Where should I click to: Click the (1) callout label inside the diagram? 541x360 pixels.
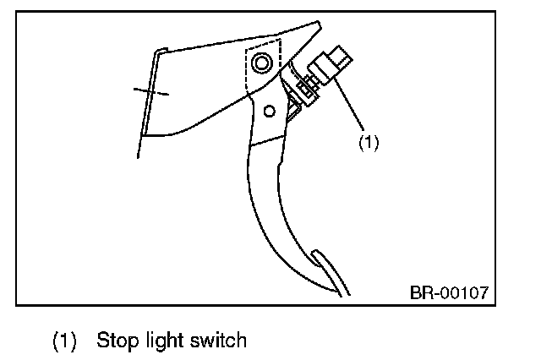pyautogui.click(x=369, y=142)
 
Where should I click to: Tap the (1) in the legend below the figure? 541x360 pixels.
pyautogui.click(x=65, y=341)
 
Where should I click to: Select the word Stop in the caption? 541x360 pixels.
pyautogui.click(x=116, y=341)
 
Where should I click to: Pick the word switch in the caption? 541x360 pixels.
pyautogui.click(x=218, y=341)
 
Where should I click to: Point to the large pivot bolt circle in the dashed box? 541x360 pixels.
pyautogui.click(x=260, y=63)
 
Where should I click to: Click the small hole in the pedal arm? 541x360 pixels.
pyautogui.click(x=270, y=110)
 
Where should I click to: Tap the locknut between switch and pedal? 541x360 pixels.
pyautogui.click(x=306, y=87)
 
